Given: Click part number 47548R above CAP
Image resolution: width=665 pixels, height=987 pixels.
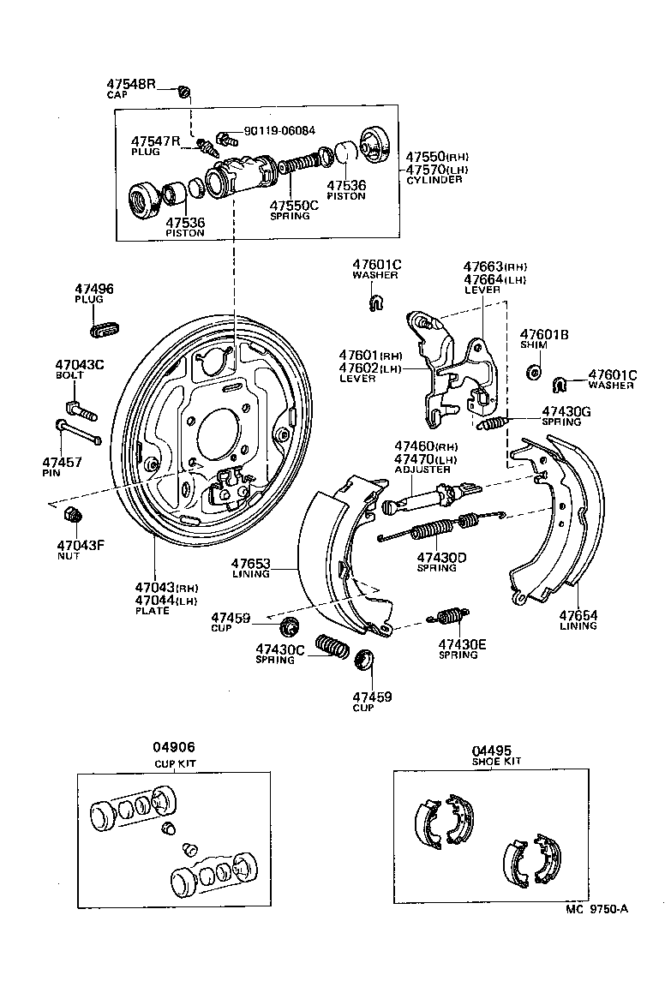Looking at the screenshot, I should pyautogui.click(x=131, y=84).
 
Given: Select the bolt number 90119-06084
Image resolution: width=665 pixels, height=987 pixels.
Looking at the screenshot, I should pyautogui.click(x=279, y=131).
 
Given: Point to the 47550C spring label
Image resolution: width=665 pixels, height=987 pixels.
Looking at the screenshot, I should pyautogui.click(x=294, y=206).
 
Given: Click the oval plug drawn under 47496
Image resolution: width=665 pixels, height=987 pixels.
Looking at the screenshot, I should pyautogui.click(x=105, y=327).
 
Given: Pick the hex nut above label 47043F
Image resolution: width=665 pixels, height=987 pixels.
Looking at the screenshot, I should pyautogui.click(x=73, y=516).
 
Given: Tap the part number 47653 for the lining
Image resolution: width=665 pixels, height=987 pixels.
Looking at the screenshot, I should pyautogui.click(x=250, y=564).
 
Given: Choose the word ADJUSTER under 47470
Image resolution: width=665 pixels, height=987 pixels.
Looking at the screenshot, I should pyautogui.click(x=422, y=470).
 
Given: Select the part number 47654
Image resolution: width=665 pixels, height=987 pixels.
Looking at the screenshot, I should pyautogui.click(x=578, y=615).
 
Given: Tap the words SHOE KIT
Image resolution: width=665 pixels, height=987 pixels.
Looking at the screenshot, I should pyautogui.click(x=496, y=761).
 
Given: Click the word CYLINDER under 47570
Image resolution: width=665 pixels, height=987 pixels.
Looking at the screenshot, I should pyautogui.click(x=434, y=180).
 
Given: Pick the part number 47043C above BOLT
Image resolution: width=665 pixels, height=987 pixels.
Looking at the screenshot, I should pyautogui.click(x=80, y=364).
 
